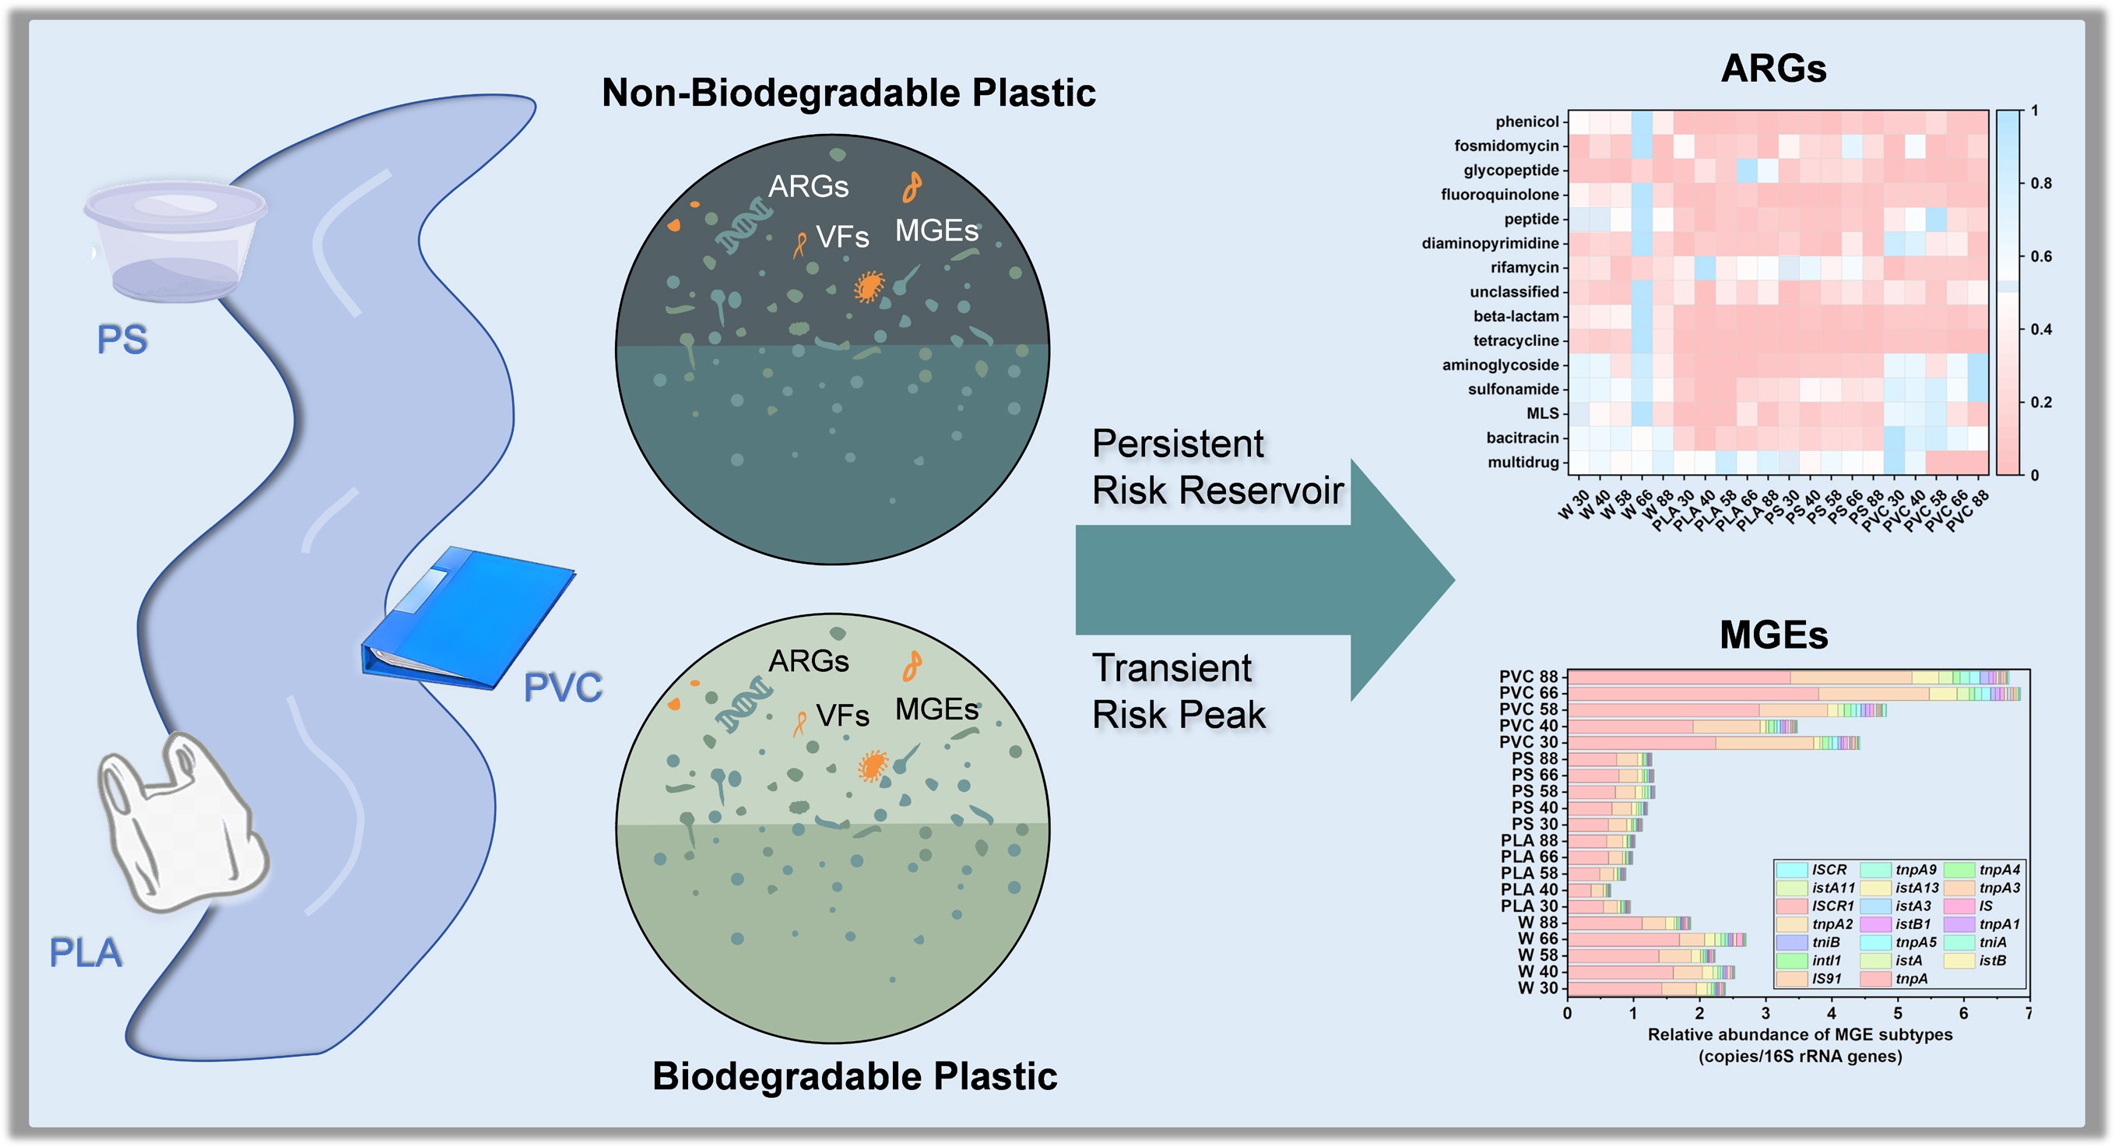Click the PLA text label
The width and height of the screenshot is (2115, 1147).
click(x=86, y=953)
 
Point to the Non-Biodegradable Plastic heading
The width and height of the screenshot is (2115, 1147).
click(x=848, y=93)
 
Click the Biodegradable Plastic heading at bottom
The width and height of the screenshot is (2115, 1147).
click(x=854, y=1076)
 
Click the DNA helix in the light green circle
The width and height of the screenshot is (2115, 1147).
click(x=743, y=705)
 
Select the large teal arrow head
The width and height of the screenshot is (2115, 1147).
click(x=1400, y=579)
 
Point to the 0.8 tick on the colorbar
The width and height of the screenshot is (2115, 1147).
click(x=2039, y=183)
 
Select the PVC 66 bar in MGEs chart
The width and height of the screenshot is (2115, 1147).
click(x=1790, y=694)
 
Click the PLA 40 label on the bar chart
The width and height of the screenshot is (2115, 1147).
click(x=1528, y=889)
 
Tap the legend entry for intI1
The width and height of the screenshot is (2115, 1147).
click(x=1826, y=961)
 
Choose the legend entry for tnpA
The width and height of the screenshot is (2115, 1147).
click(x=1909, y=979)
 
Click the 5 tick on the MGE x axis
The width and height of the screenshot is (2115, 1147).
click(x=1897, y=1014)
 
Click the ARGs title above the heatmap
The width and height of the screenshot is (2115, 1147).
click(x=1772, y=69)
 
